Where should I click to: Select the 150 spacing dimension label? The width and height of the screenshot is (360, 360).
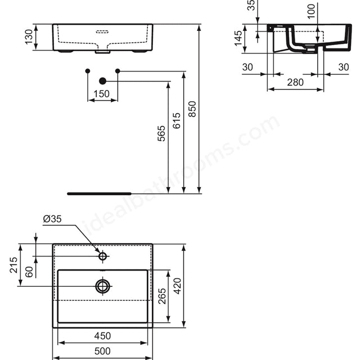click(102, 94)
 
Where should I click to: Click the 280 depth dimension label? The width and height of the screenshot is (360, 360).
click(295, 82)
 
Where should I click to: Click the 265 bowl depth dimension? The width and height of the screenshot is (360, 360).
click(161, 296)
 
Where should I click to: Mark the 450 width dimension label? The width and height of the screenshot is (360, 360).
click(102, 336)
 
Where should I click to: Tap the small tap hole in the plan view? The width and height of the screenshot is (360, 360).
click(102, 256)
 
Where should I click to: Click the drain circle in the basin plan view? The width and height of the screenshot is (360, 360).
click(102, 286)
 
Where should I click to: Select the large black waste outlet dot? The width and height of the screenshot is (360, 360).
click(102, 81)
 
